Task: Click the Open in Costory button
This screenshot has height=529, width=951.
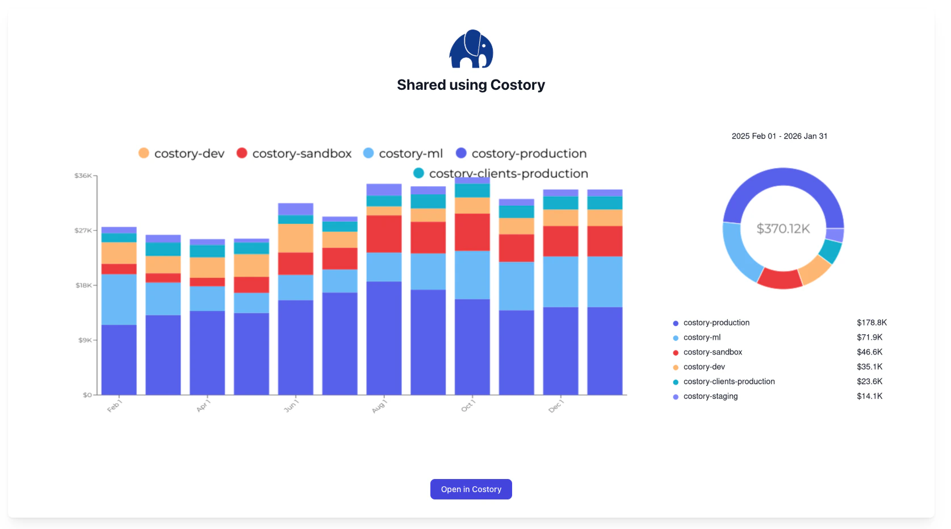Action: (471, 489)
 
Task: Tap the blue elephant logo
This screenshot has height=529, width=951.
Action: (471, 49)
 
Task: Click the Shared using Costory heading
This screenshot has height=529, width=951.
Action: (471, 85)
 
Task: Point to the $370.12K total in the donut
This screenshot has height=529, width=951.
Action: (783, 228)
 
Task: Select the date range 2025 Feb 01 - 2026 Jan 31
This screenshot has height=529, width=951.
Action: (779, 136)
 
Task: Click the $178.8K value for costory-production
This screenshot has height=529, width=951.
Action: (872, 323)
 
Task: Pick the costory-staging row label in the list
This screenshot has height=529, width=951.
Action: (710, 397)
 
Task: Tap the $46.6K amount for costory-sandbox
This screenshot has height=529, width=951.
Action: (869, 352)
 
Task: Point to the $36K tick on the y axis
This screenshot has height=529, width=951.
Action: (83, 176)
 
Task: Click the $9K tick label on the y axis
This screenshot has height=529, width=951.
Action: (85, 340)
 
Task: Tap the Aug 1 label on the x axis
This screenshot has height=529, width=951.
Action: (379, 406)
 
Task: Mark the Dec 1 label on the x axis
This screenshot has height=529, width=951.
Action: (555, 406)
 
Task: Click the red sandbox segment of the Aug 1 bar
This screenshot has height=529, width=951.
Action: (384, 234)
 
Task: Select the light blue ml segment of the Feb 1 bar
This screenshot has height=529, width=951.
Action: (119, 299)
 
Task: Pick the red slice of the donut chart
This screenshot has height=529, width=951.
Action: (780, 278)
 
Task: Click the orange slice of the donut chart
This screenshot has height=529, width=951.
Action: (815, 269)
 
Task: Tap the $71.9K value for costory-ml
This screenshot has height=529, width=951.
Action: (869, 338)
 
